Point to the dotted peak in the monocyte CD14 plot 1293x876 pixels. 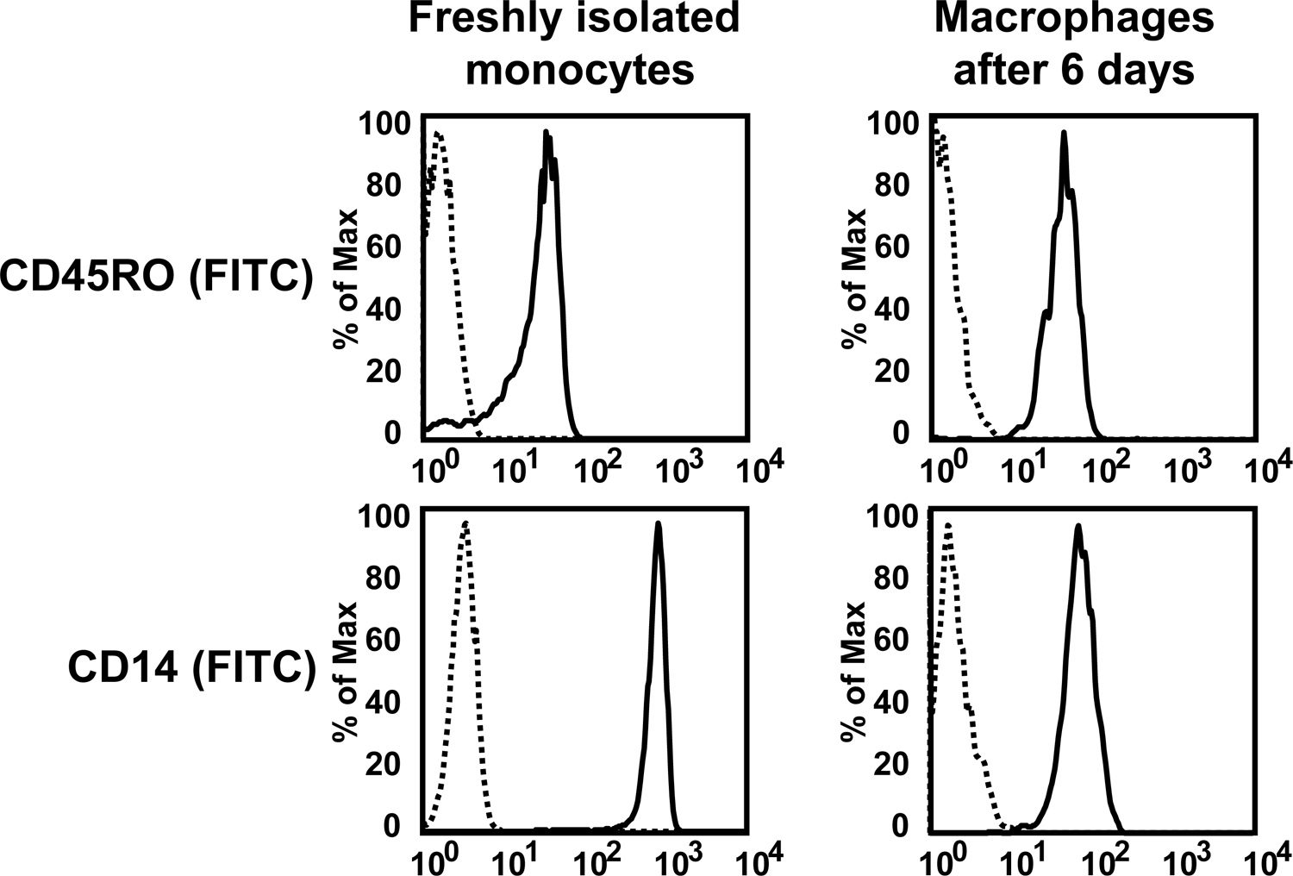pyautogui.click(x=465, y=523)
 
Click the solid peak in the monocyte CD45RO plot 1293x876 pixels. pyautogui.click(x=547, y=134)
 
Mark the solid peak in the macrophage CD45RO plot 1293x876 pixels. pyautogui.click(x=1064, y=134)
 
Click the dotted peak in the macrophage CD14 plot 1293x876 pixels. pyautogui.click(x=948, y=525)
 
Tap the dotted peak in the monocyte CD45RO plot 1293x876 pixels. pyautogui.click(x=439, y=135)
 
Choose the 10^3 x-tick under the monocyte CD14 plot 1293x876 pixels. pyautogui.click(x=678, y=859)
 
